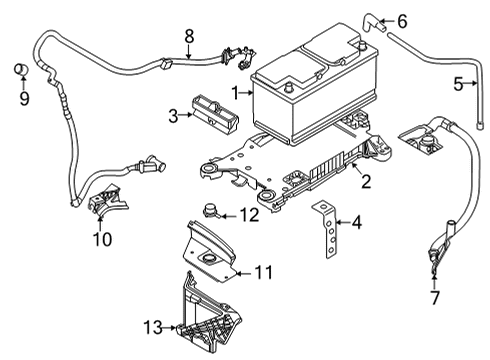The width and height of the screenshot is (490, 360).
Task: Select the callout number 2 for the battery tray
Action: [x=366, y=181]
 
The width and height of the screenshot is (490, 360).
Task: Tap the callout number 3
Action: [x=173, y=116]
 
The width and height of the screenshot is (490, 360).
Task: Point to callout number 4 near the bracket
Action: [x=356, y=224]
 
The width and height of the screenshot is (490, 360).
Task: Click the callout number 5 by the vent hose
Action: [x=459, y=84]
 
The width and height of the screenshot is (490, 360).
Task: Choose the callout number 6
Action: [x=402, y=21]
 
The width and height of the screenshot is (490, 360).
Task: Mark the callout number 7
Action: [x=434, y=298]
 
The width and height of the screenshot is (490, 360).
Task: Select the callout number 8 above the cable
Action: [x=187, y=36]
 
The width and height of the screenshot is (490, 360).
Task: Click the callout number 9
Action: [x=24, y=98]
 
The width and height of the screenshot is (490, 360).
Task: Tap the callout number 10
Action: [x=103, y=239]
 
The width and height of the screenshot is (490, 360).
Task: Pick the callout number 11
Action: [x=261, y=270]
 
